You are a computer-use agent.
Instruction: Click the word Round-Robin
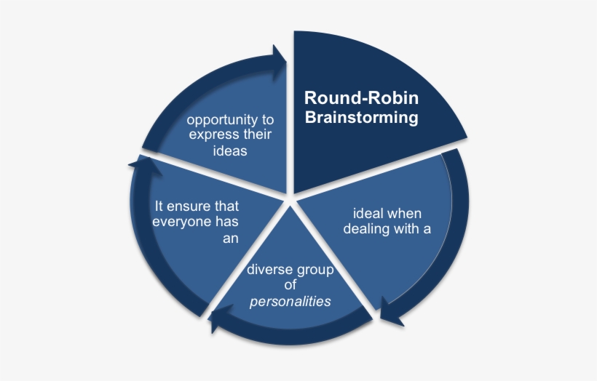(361, 98)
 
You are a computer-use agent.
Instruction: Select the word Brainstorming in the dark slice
(361, 117)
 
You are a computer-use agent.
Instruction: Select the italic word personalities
(290, 301)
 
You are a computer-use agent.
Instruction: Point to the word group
(315, 270)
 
